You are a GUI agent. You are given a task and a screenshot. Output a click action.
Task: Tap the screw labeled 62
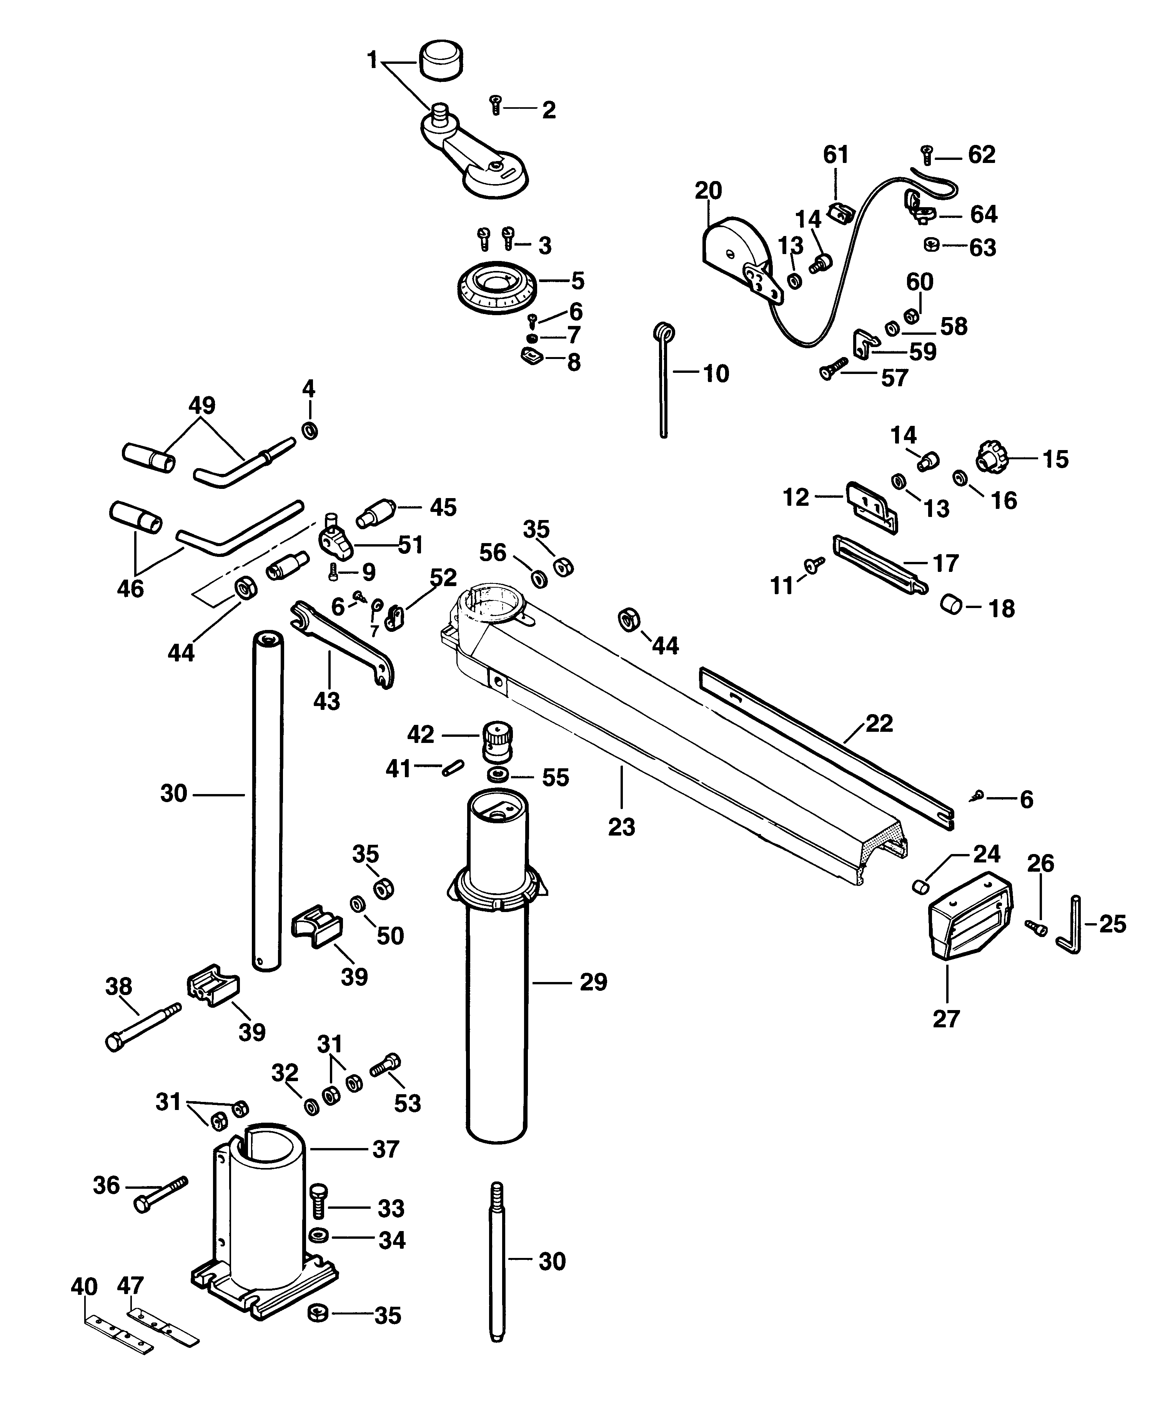[927, 155]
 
